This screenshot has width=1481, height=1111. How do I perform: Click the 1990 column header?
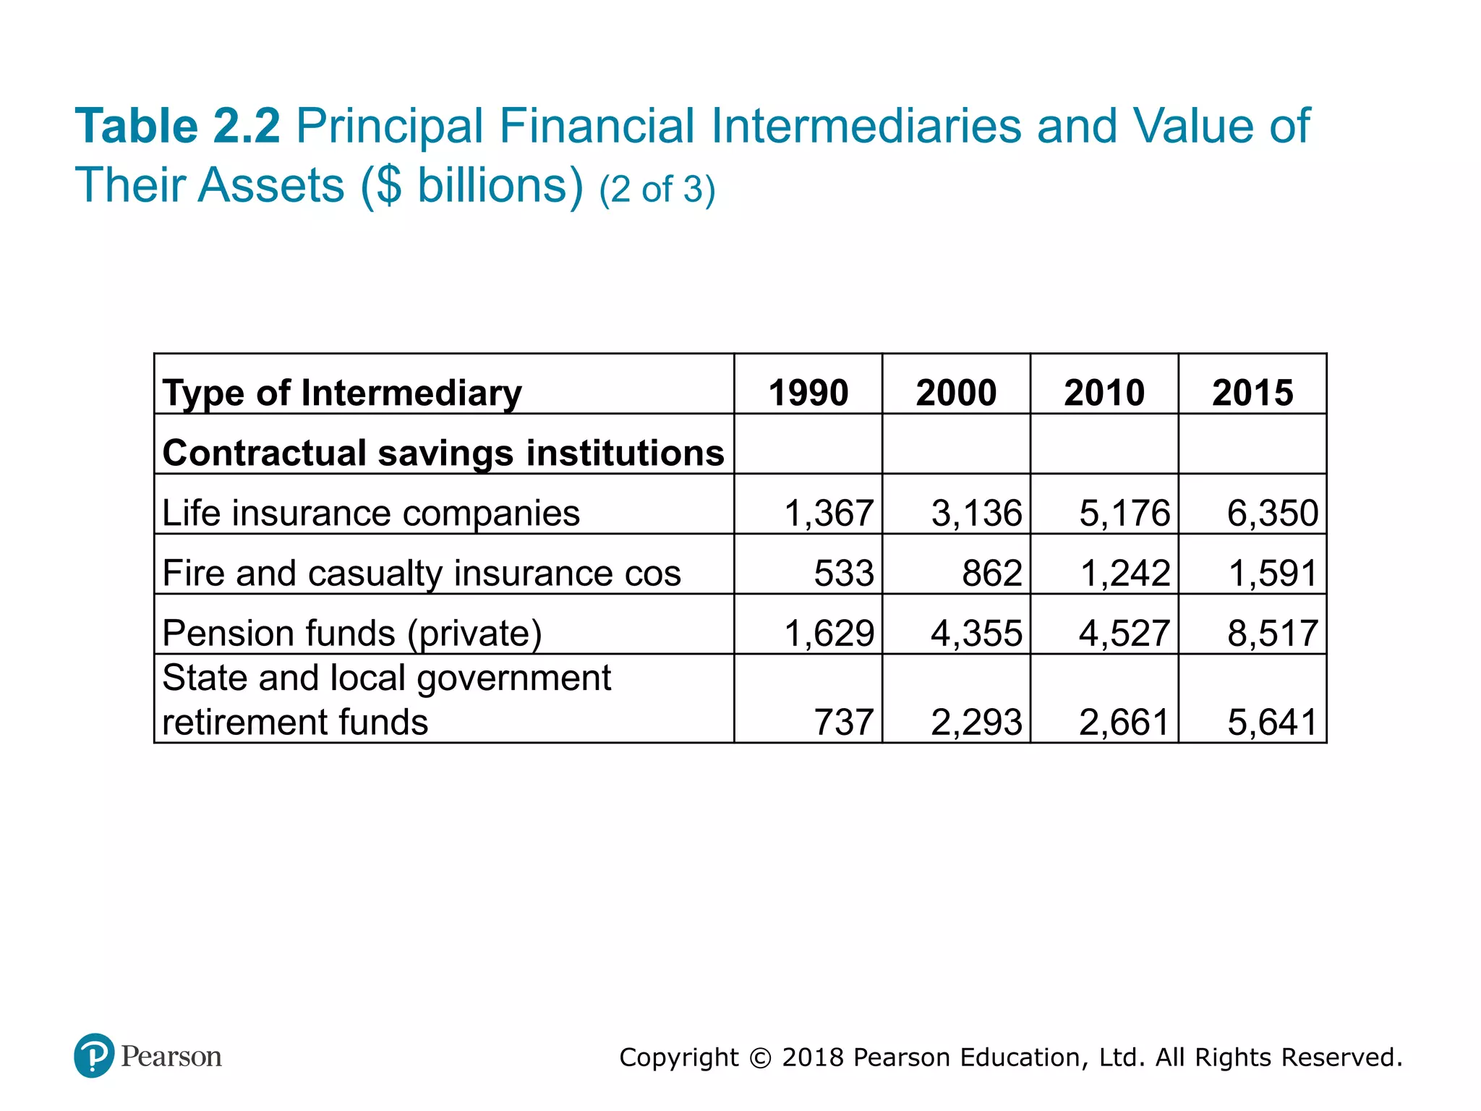tap(808, 393)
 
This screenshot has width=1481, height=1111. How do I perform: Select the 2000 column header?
tap(956, 393)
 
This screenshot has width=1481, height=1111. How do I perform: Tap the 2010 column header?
tap(1104, 393)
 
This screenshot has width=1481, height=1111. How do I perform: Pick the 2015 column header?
tap(1252, 393)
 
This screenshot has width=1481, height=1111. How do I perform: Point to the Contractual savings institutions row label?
tap(443, 454)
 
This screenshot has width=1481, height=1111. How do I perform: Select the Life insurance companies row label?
tap(371, 513)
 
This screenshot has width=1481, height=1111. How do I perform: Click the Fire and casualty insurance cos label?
tap(422, 573)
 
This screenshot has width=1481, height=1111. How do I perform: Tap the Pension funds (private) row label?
tap(352, 634)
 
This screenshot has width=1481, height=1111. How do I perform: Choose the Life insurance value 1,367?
tap(829, 514)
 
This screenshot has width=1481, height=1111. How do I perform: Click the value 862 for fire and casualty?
tap(991, 574)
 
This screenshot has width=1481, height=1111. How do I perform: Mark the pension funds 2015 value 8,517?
tap(1273, 634)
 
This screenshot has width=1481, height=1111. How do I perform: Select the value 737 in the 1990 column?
tap(844, 722)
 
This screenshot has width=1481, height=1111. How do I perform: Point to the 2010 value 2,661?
tap(1124, 722)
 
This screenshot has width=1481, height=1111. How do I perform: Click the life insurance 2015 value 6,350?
tap(1273, 514)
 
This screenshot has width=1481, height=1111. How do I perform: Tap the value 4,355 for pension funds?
tap(976, 634)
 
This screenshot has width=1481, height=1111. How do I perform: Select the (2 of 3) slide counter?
tap(657, 190)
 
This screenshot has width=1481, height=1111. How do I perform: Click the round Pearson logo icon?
tap(94, 1055)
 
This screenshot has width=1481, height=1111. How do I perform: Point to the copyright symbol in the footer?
tap(760, 1057)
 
